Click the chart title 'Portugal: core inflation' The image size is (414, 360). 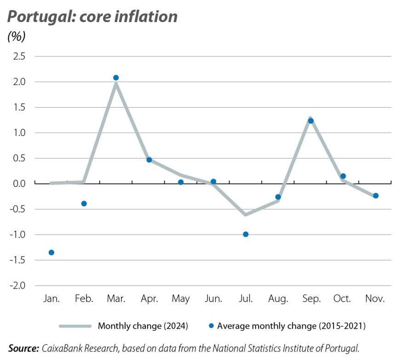92,17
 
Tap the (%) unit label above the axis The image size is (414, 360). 17,36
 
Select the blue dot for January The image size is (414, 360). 52,252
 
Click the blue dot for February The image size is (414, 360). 84,204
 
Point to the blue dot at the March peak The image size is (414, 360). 116,78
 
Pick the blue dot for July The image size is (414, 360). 246,234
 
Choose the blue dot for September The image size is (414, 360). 310,121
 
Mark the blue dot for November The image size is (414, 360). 375,196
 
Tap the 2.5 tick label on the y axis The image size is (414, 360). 19,57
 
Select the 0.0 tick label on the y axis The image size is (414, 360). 19,184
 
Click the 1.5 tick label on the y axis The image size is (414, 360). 19,108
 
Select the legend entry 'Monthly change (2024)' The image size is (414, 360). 143,326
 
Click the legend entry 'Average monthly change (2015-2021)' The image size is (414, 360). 291,326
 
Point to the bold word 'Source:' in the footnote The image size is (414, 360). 23,349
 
